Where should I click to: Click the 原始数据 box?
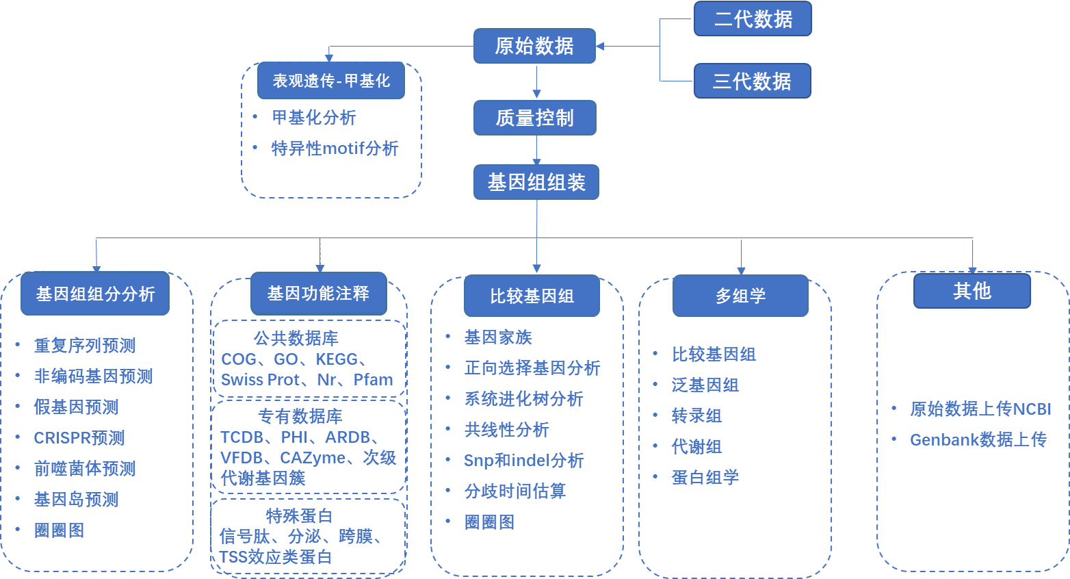pos(534,46)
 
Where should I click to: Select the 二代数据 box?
pos(753,18)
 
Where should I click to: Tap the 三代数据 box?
pos(752,81)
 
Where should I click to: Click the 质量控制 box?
pos(535,118)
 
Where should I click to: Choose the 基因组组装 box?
pos(536,182)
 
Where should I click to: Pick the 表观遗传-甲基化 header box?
pos(331,81)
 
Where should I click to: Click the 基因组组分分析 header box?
pos(95,294)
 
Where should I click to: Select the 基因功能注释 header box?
pos(318,294)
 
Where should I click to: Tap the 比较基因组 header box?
pos(532,296)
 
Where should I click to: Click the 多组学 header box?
pos(740,296)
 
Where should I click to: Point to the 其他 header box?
pos(971,291)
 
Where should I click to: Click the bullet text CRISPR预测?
pos(79,438)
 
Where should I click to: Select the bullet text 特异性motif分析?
pos(335,149)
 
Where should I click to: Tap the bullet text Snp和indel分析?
pos(524,461)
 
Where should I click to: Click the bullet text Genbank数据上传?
pos(978,439)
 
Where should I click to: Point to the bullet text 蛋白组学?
pos(705,477)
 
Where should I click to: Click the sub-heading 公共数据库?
pos(296,338)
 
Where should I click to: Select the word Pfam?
pos(374,380)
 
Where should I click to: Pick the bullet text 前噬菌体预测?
pos(85,469)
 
